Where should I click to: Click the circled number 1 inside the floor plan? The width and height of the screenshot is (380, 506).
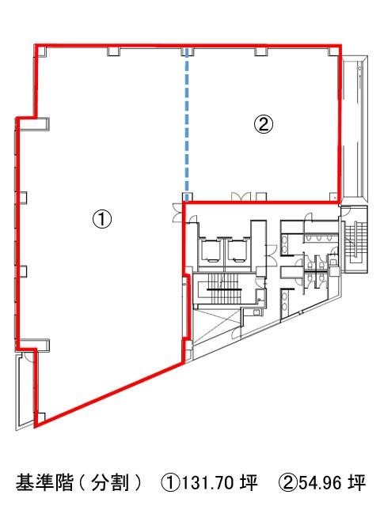click(102, 219)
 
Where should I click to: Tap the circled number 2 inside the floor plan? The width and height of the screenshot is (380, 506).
click(264, 124)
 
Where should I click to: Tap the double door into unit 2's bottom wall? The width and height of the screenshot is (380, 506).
click(241, 197)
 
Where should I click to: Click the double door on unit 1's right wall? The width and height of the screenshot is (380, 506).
click(178, 212)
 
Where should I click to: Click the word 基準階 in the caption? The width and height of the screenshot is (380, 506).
click(44, 483)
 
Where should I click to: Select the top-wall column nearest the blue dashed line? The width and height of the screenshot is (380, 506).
click(188, 51)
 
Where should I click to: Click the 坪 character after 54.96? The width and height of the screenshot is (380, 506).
click(356, 483)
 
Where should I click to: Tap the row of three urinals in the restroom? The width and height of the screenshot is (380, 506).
click(319, 238)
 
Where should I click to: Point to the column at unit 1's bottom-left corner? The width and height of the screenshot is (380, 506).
click(40, 418)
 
